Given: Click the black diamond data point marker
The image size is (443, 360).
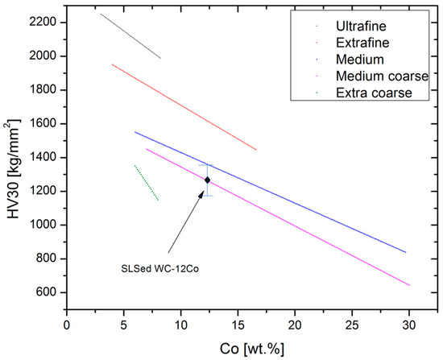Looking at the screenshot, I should (x=208, y=180).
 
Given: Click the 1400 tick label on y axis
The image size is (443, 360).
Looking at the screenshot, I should (x=43, y=158).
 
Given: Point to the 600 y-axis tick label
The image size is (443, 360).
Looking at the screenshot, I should (x=46, y=292).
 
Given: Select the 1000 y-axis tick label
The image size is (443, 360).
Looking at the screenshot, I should (x=43, y=225).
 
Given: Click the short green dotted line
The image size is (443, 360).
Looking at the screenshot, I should (x=146, y=183).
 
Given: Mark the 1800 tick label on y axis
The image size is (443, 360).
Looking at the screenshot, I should (x=43, y=90).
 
